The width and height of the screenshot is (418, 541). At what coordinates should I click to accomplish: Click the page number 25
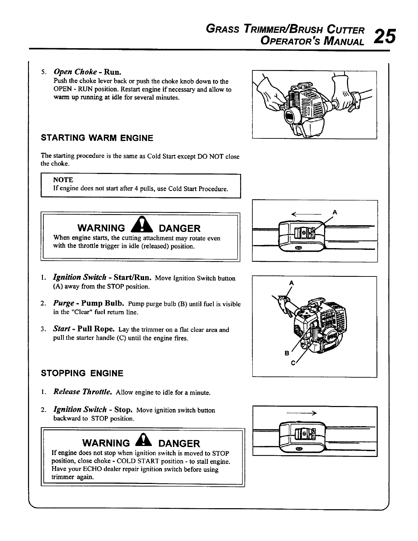385,35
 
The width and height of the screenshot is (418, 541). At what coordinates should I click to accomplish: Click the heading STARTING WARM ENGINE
97,138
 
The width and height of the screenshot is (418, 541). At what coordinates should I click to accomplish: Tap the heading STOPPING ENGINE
82,373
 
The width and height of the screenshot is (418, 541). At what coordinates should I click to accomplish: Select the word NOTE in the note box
63,180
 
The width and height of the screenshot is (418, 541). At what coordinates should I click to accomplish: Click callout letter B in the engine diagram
287,353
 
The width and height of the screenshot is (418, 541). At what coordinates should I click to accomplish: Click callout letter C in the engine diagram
293,363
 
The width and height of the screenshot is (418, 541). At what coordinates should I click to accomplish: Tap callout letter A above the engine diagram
291,283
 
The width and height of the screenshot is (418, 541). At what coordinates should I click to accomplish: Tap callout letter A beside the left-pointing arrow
335,212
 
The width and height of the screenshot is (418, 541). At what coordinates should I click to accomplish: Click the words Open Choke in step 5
75,72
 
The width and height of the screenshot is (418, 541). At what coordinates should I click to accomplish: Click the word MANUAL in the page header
343,42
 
